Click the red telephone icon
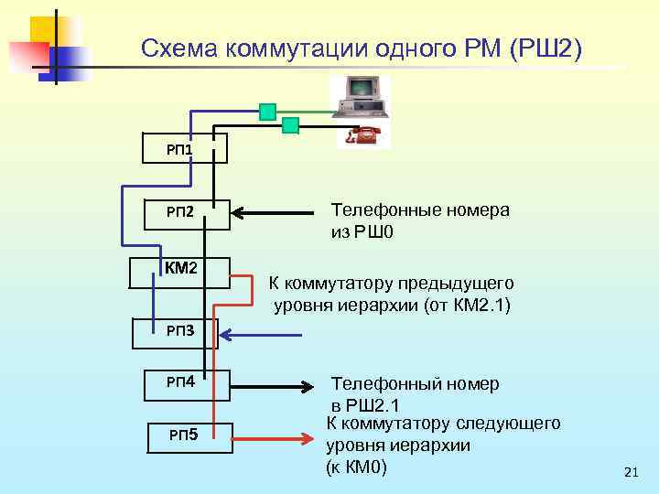point(364,135)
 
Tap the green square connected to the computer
point(267,112)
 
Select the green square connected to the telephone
point(291,125)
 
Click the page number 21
point(629,472)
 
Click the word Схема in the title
point(181,47)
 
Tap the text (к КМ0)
point(357,467)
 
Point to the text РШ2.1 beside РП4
point(375,405)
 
